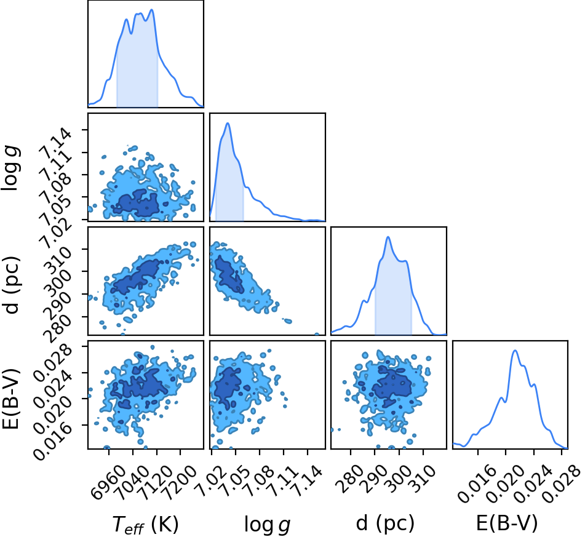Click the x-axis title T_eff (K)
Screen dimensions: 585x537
146,523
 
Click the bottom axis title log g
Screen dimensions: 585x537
267,524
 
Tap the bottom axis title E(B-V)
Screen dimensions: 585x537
507,523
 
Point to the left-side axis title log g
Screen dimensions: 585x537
11,169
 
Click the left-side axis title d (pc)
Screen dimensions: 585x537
12,285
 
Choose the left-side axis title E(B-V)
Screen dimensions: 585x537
11,398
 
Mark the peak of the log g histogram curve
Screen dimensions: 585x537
228,123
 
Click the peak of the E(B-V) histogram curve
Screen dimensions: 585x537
515,350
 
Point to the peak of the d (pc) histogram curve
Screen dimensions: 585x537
388,237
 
